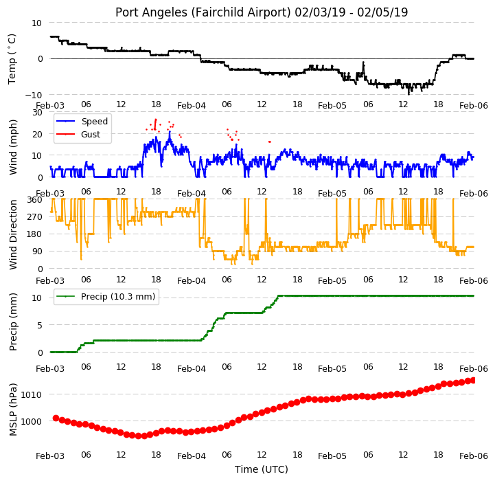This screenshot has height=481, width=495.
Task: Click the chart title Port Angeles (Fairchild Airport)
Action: pyautogui.click(x=203, y=12)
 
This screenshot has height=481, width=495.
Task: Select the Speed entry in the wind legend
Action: pyautogui.click(x=94, y=122)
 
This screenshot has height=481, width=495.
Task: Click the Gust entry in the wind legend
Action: pyautogui.click(x=91, y=135)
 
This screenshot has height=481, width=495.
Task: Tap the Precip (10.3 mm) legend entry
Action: pyautogui.click(x=118, y=296)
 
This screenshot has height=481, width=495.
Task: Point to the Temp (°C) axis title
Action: pyautogui.click(x=12, y=59)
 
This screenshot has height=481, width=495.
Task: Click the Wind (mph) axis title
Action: pyautogui.click(x=12, y=147)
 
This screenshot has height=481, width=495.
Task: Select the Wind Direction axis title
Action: pyautogui.click(x=12, y=235)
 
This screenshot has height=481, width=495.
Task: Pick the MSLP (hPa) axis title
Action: pyautogui.click(x=12, y=410)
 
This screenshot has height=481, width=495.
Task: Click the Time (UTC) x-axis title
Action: pyautogui.click(x=262, y=469)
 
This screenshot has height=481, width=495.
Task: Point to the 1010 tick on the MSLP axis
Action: pyautogui.click(x=32, y=394)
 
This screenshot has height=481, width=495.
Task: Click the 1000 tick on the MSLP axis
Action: pyautogui.click(x=32, y=421)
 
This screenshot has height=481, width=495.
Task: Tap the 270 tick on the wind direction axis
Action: pyautogui.click(x=35, y=217)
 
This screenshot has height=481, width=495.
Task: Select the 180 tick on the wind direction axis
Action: pyautogui.click(x=35, y=234)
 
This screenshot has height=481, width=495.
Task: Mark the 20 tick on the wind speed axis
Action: pyautogui.click(x=38, y=134)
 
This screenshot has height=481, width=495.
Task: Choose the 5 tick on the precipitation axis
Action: pyautogui.click(x=40, y=325)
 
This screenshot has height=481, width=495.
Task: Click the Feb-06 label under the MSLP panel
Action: pyautogui.click(x=474, y=456)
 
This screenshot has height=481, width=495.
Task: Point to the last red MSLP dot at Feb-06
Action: pyautogui.click(x=473, y=380)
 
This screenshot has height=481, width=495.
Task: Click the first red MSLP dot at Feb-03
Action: pyautogui.click(x=56, y=418)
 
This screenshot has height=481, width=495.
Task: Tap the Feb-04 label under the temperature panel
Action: pyautogui.click(x=192, y=106)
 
